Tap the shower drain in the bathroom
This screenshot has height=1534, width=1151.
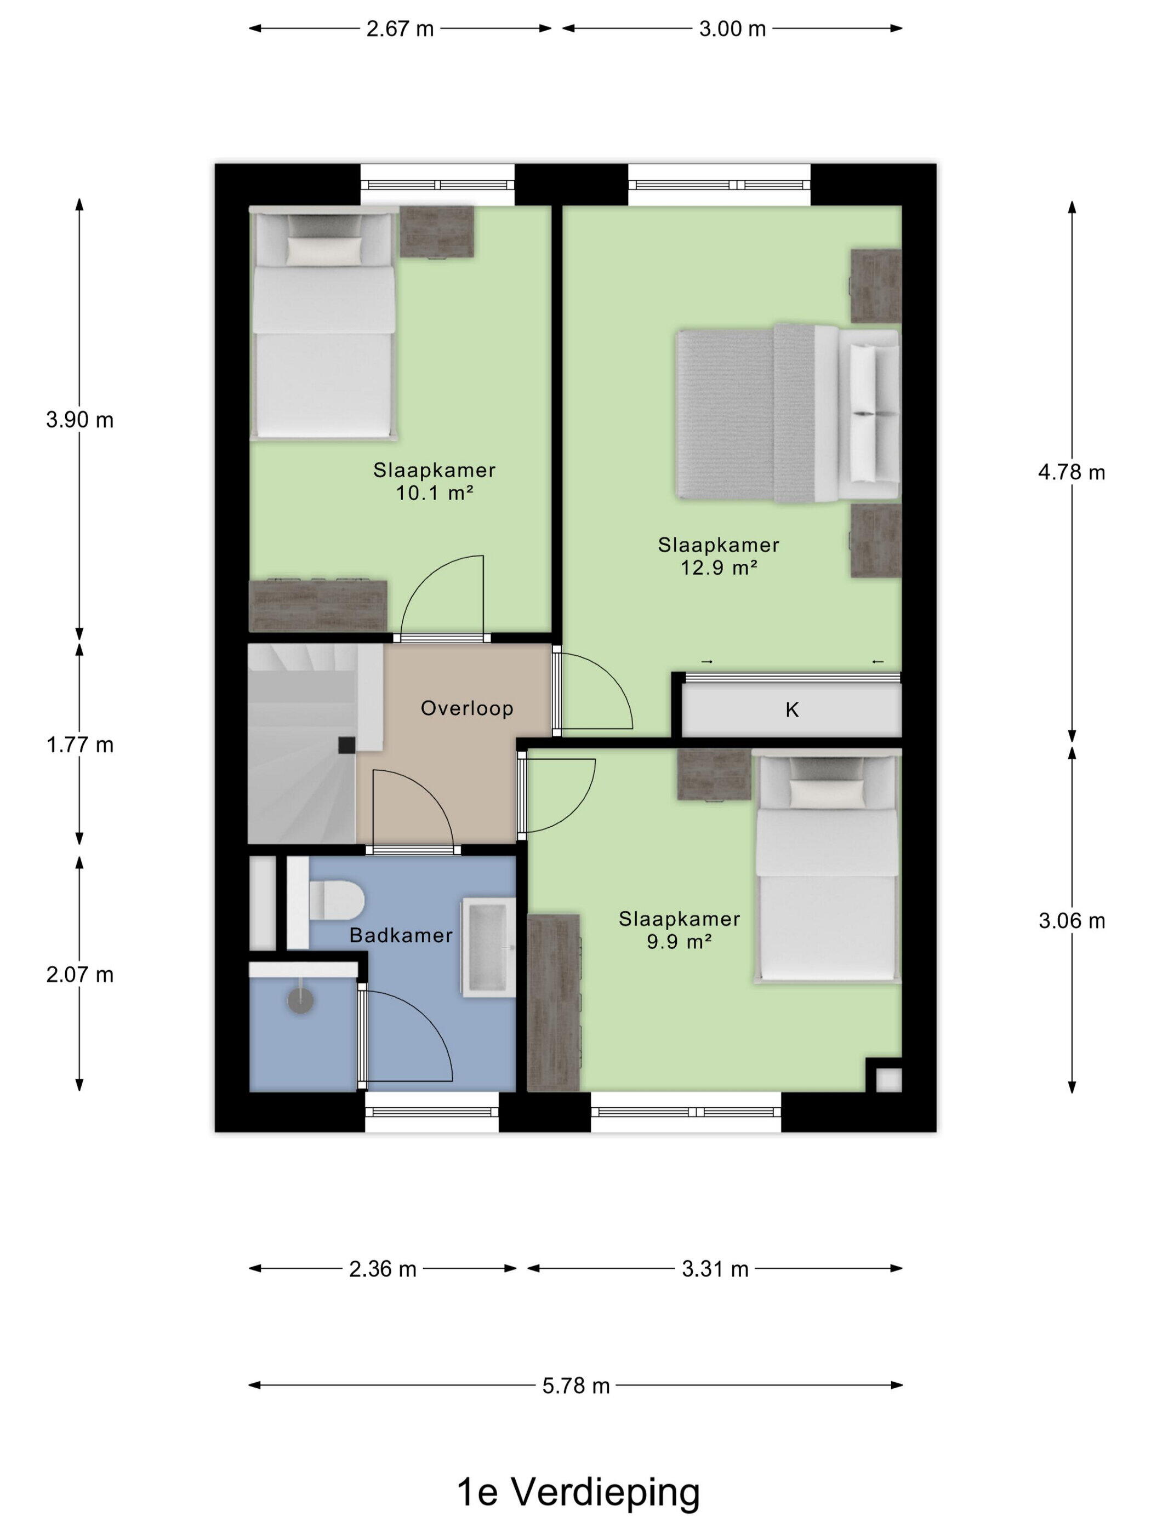tap(301, 1001)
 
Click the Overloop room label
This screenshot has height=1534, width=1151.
tap(467, 708)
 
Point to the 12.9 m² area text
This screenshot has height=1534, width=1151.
tap(718, 568)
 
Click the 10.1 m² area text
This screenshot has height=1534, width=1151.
tap(434, 493)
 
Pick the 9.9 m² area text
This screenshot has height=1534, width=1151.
tap(679, 942)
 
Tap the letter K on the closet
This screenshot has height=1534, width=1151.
tap(791, 709)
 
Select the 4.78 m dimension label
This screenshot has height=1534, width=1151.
tap(1071, 472)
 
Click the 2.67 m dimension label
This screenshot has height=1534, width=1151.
tap(400, 29)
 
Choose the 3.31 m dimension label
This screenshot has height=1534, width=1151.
tap(715, 1269)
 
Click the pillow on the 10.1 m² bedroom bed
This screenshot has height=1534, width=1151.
tap(324, 250)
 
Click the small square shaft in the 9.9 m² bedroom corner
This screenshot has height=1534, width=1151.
tap(888, 1080)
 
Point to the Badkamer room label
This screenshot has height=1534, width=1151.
tap(401, 936)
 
